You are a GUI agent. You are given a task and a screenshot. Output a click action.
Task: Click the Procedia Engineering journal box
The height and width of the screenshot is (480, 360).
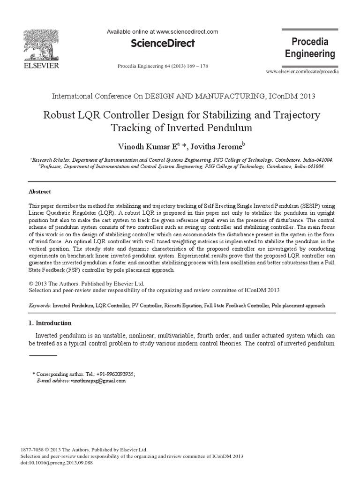(x=310, y=47)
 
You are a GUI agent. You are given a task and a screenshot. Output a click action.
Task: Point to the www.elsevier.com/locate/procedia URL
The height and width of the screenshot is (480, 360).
(x=302, y=71)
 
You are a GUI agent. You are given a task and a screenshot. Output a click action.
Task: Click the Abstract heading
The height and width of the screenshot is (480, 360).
(x=40, y=192)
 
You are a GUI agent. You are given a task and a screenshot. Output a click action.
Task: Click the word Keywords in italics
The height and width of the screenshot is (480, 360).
(x=40, y=305)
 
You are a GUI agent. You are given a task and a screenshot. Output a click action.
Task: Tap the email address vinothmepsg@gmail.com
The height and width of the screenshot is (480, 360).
(x=98, y=381)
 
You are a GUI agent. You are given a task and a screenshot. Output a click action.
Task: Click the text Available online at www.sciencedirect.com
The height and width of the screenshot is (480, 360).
(x=163, y=32)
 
